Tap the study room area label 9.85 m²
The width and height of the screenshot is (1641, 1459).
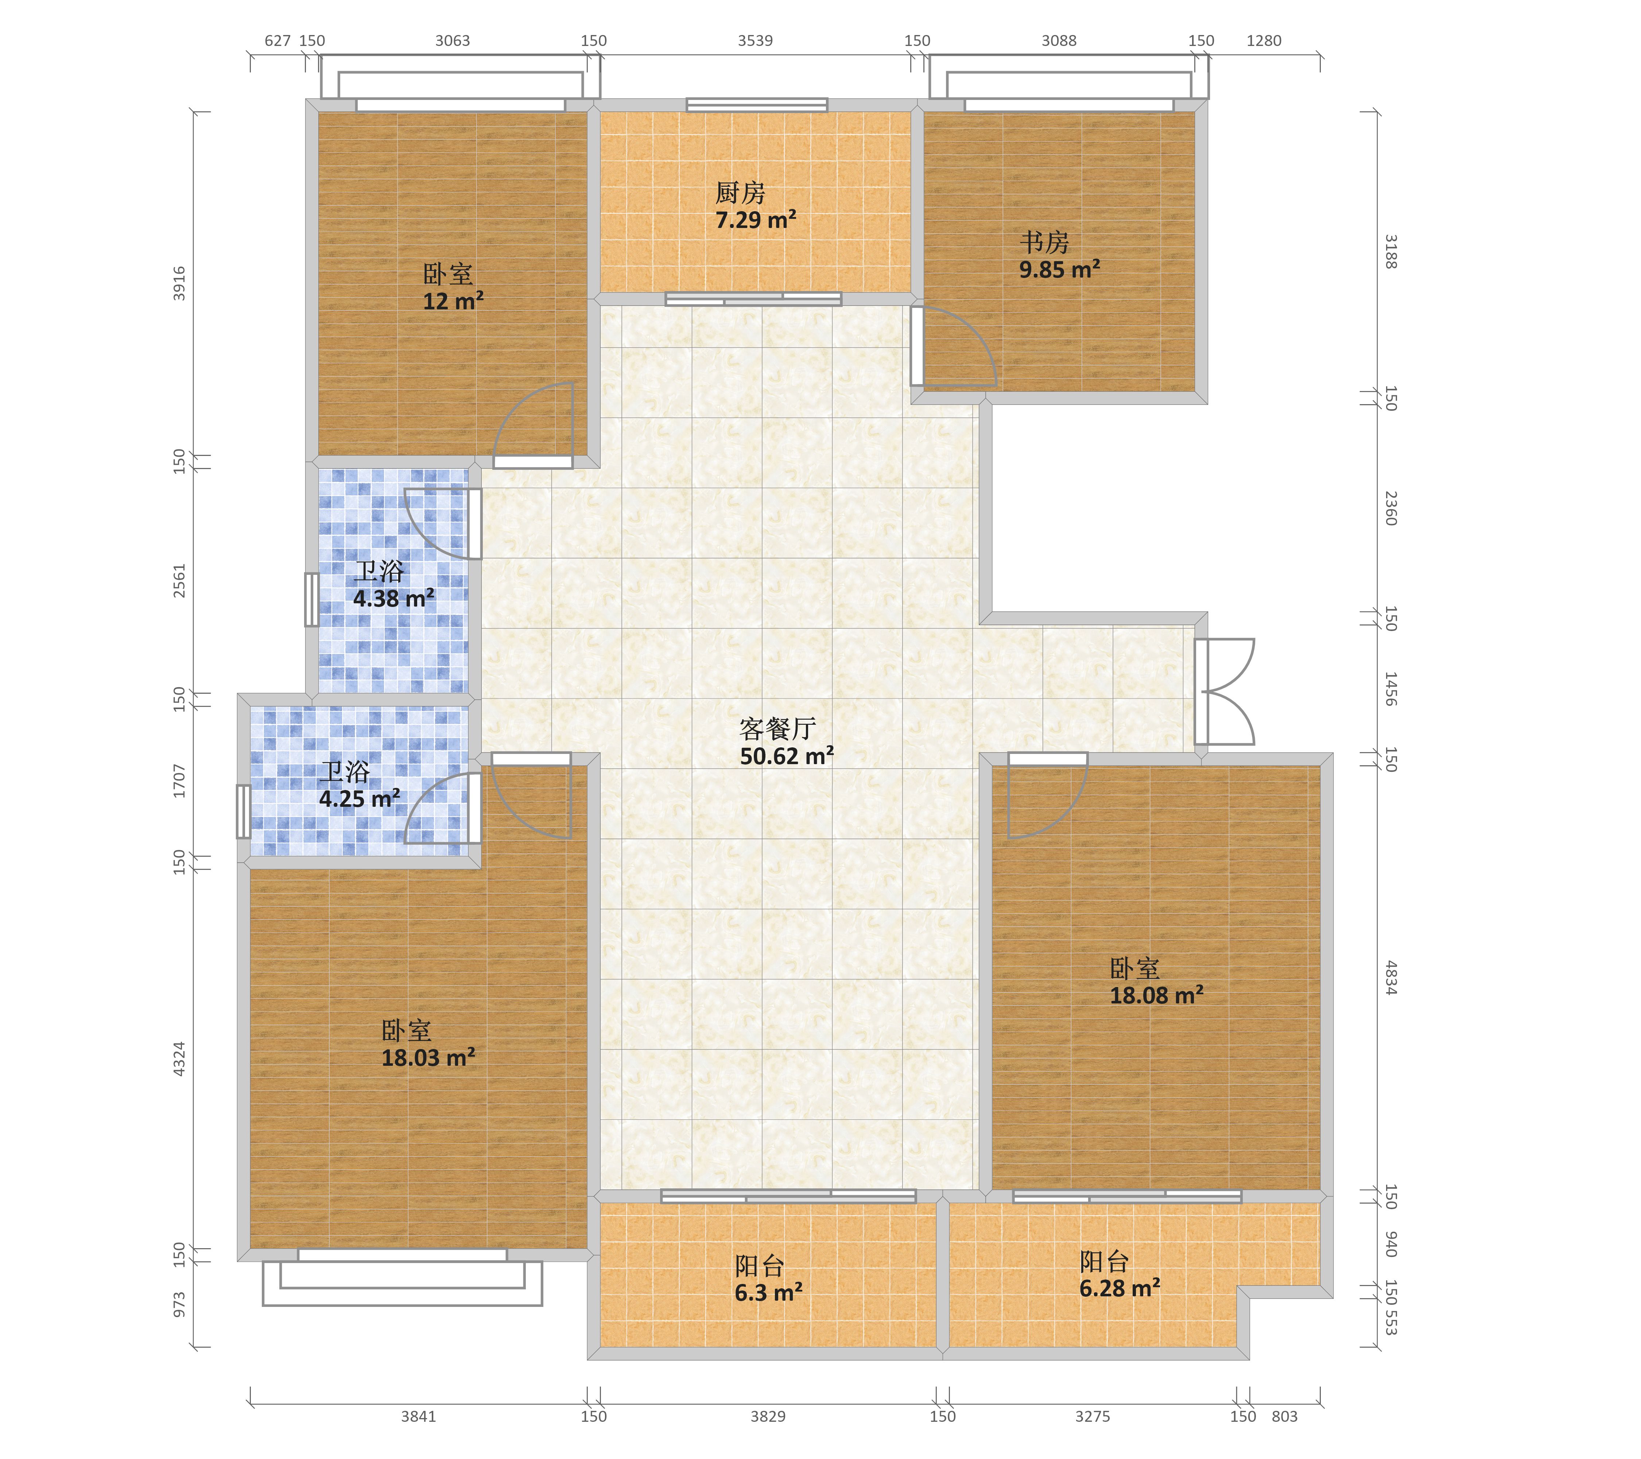1060,270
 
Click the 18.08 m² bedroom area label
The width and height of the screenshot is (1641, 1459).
1156,996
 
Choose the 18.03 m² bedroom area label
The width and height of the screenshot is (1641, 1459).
428,1057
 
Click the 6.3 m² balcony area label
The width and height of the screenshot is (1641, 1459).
768,1293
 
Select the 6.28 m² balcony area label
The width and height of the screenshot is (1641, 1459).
1120,1289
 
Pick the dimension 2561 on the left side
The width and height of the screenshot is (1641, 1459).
179,581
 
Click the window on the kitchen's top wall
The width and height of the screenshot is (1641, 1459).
756,104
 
